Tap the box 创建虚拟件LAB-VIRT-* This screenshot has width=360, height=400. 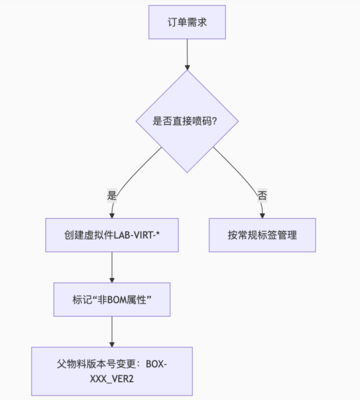[x=111, y=237]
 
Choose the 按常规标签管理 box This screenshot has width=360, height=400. [x=261, y=237]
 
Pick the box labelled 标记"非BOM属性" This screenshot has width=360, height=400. [x=111, y=299]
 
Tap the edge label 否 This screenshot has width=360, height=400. [x=262, y=194]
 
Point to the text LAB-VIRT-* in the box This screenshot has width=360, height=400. [x=141, y=237]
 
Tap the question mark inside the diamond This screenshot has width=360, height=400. [x=217, y=121]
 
